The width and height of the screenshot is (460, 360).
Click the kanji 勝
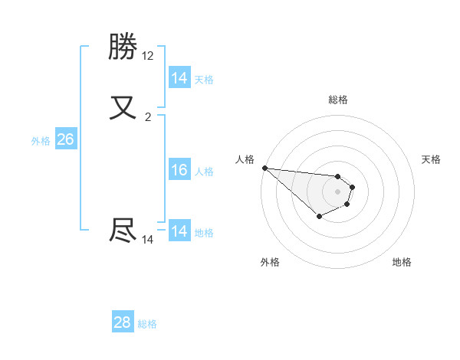[x=123, y=48]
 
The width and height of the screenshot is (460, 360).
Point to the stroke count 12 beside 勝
[x=148, y=56]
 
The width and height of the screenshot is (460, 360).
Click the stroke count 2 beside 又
[x=148, y=117]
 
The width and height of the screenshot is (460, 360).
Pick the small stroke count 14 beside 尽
[x=148, y=240]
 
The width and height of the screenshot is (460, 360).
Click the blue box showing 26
[x=65, y=139]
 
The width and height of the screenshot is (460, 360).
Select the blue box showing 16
[x=179, y=170]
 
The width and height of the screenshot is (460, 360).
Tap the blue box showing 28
[x=123, y=322]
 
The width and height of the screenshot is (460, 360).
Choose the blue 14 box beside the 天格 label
[x=179, y=78]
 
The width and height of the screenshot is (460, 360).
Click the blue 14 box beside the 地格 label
[x=179, y=231]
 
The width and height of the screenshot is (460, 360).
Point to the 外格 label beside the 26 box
[x=41, y=141]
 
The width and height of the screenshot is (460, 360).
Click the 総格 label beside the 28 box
[x=147, y=324]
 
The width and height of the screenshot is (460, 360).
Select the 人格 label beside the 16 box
[x=205, y=172]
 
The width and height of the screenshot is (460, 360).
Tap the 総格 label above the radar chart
[x=337, y=100]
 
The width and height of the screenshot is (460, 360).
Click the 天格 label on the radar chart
[x=431, y=159]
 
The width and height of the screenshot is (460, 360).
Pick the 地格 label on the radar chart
[x=402, y=262]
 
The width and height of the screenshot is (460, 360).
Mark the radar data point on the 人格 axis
[x=264, y=168]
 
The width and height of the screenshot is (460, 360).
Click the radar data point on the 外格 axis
[x=319, y=217]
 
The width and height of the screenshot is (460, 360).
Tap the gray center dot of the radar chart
[x=337, y=191]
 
